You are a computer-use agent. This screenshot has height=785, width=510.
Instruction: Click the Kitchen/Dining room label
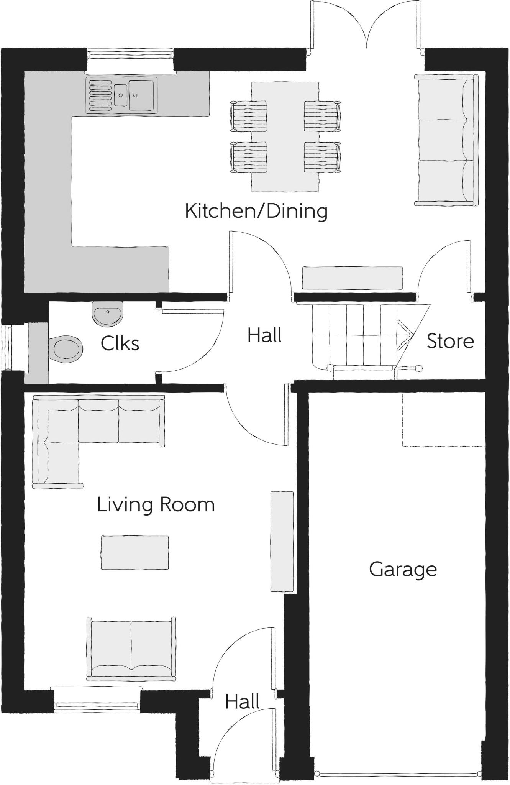pos(256,211)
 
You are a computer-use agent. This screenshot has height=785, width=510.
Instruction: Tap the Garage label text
pos(403,570)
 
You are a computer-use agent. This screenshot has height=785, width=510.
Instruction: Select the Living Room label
pos(156,504)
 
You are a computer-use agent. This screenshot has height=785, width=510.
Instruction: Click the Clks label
pos(120,343)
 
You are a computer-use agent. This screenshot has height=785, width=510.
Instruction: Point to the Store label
pos(450,341)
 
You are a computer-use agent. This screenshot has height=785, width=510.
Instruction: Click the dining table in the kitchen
pos(285,136)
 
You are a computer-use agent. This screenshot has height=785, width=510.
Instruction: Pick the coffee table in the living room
pos(134,552)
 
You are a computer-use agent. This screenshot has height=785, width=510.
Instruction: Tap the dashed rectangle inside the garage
pos(443,420)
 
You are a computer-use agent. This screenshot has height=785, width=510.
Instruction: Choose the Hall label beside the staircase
pos(264,335)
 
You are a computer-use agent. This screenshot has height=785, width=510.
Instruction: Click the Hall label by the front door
pos(242,701)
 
